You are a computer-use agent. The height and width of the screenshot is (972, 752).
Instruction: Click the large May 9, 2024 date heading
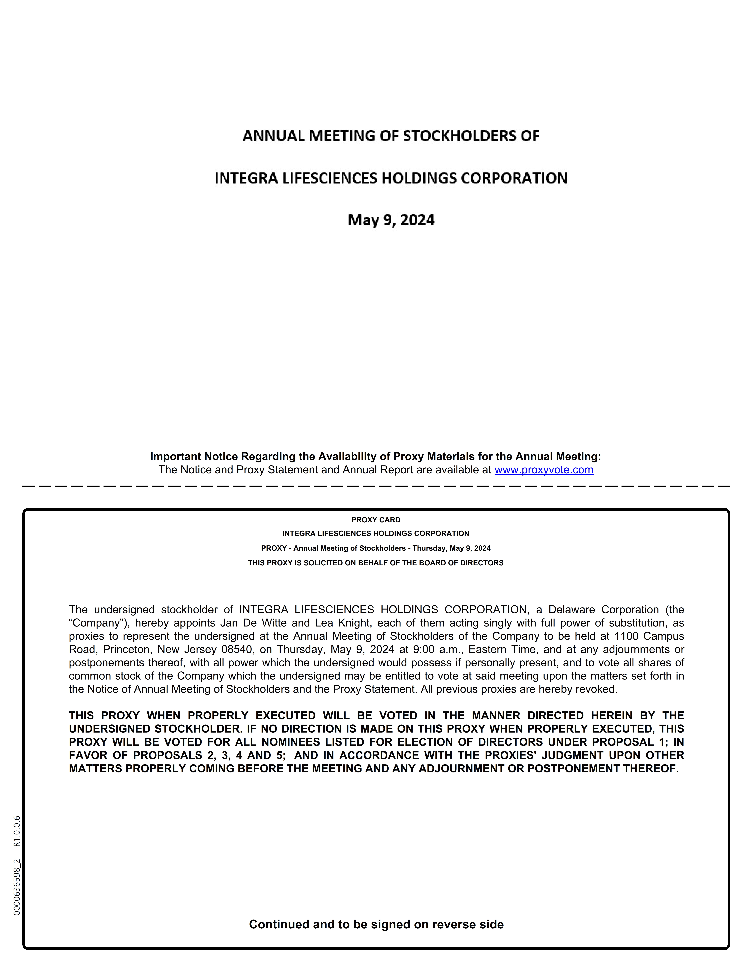pos(391,220)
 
